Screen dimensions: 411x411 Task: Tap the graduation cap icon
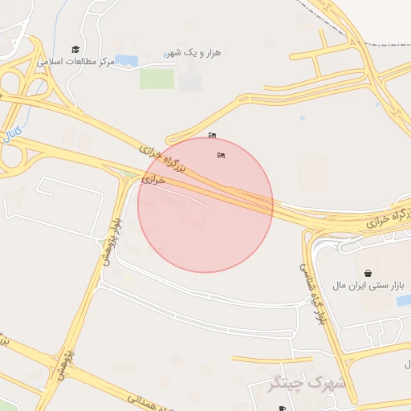75,49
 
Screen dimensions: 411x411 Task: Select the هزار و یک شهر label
192,52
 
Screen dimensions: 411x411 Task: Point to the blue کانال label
12,129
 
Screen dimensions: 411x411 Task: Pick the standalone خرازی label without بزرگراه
153,181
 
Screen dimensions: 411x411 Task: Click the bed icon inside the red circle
221,155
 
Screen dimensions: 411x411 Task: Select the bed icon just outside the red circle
212,134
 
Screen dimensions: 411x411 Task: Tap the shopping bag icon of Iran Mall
368,273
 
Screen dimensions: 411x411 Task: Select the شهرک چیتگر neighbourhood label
309,383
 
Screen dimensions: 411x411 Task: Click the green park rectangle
157,79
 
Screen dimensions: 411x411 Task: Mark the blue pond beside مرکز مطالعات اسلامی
128,59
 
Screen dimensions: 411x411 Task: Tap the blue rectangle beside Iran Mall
403,300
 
